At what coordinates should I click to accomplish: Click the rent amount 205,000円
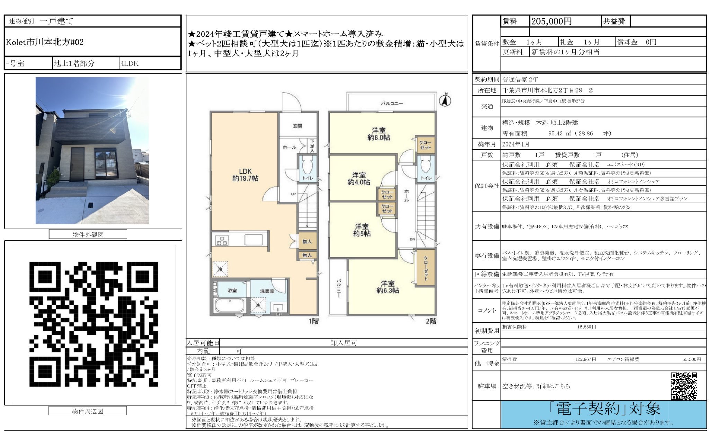click(x=551, y=21)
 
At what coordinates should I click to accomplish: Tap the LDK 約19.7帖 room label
click(x=245, y=175)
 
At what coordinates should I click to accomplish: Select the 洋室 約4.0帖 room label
click(x=359, y=178)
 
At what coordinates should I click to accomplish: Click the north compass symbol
click(x=445, y=100)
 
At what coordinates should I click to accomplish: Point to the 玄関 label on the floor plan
click(x=297, y=126)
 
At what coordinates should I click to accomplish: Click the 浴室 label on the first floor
click(x=232, y=290)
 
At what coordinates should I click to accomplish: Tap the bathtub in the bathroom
click(x=230, y=305)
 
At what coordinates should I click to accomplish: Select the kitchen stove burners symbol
click(x=222, y=240)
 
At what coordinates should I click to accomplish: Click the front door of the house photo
click(x=77, y=164)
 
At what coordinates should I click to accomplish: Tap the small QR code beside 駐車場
click(x=684, y=386)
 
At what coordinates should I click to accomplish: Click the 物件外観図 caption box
click(x=88, y=235)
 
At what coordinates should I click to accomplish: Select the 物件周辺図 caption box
click(x=88, y=411)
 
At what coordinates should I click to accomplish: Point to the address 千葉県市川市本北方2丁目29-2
click(x=548, y=90)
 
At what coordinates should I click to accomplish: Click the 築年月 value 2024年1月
click(x=516, y=144)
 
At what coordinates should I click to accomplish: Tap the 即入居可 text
click(x=344, y=343)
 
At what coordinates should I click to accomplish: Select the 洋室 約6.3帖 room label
click(x=388, y=287)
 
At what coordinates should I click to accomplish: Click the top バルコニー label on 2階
click(x=392, y=103)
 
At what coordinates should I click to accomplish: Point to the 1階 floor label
click(x=313, y=321)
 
